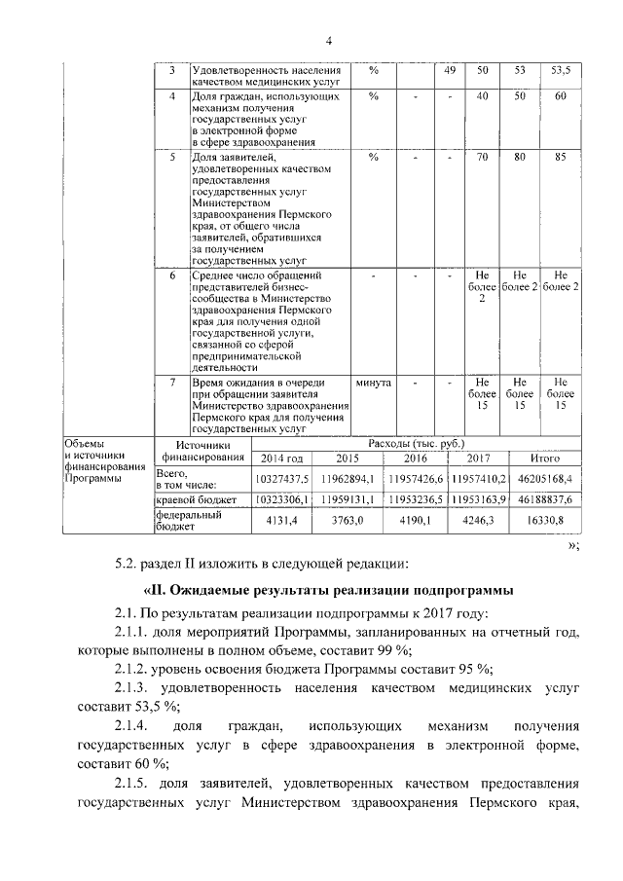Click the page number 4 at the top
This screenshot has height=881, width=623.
[329, 40]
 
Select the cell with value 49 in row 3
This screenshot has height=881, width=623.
[450, 71]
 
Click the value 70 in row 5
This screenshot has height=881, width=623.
[481, 156]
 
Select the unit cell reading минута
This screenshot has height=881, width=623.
[374, 383]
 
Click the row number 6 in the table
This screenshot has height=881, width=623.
[172, 276]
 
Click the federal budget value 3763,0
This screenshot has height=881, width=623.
[347, 521]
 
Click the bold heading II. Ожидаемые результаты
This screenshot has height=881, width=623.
[326, 591]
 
